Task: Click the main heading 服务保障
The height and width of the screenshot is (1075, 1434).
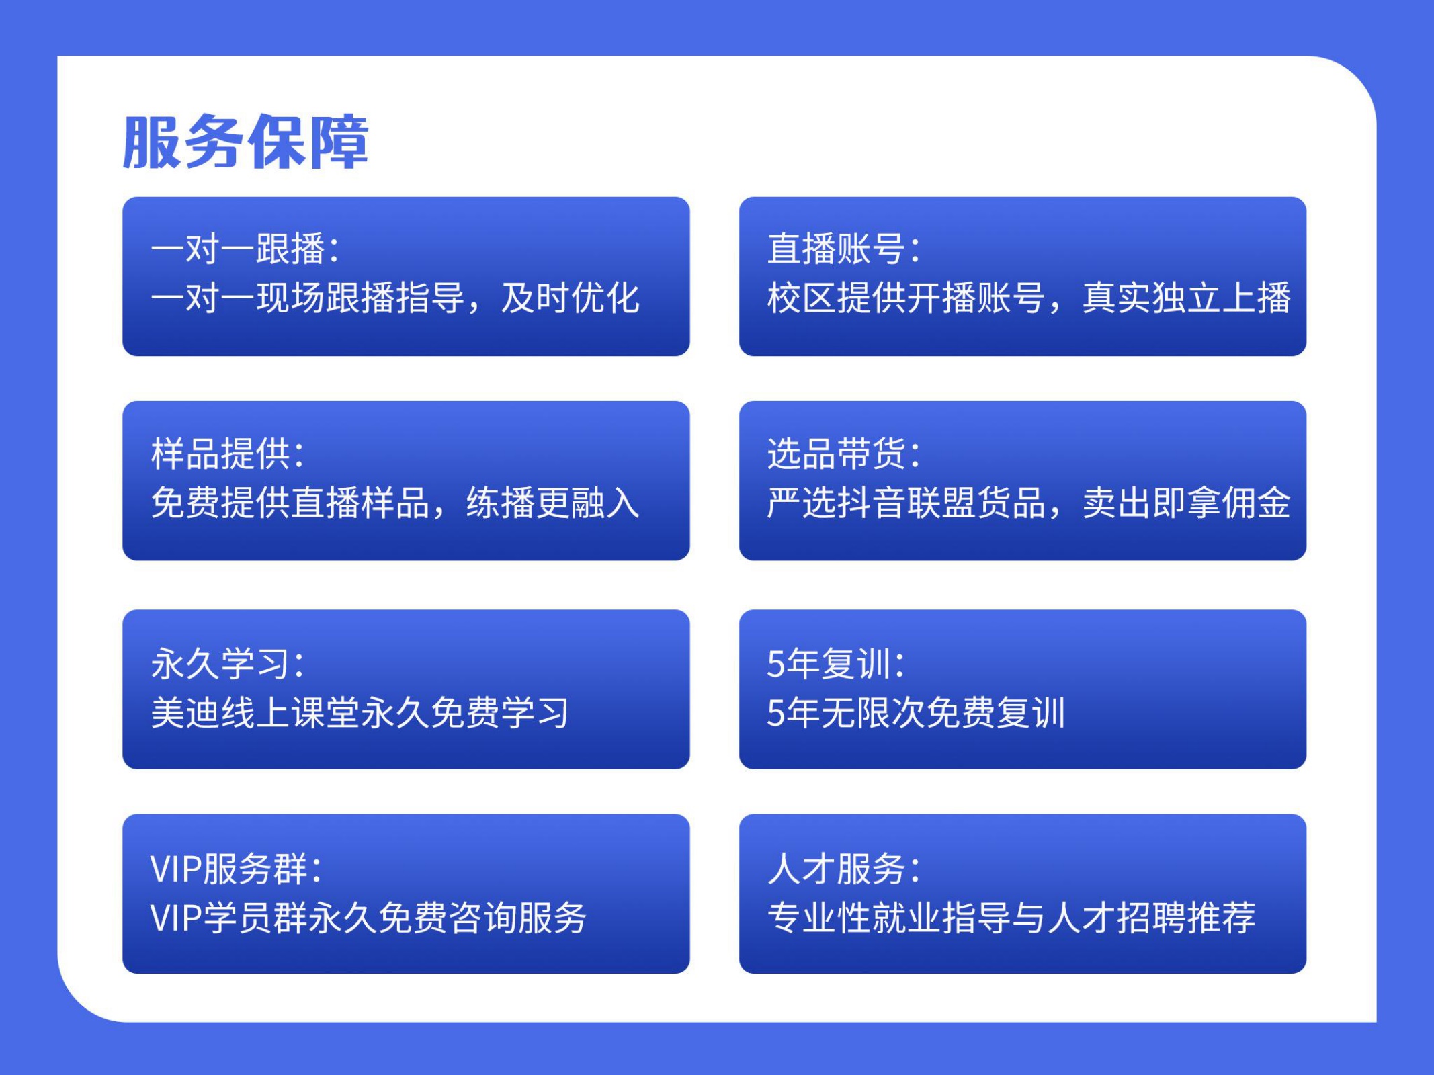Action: (x=246, y=142)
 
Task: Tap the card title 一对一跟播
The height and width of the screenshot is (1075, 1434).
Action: (x=239, y=249)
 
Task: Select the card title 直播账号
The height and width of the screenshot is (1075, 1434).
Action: (x=837, y=249)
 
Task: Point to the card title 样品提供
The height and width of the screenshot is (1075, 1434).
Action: (x=220, y=454)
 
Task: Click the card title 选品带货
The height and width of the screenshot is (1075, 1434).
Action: (x=837, y=454)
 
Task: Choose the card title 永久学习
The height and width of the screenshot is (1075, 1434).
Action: (x=220, y=663)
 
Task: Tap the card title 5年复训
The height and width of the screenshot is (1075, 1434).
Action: (x=828, y=663)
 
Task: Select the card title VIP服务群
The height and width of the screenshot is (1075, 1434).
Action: (x=229, y=868)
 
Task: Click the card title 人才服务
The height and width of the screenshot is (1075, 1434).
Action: (x=837, y=868)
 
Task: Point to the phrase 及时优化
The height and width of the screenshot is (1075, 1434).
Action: (x=571, y=298)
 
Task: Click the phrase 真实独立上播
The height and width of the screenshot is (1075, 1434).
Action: (x=1186, y=298)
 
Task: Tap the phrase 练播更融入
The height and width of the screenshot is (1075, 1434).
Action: (x=553, y=503)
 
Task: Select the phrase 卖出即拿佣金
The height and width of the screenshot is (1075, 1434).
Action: (x=1186, y=503)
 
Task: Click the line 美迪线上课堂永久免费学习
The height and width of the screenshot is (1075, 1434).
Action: (x=360, y=712)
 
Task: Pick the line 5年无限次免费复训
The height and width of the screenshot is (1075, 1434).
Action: (x=916, y=712)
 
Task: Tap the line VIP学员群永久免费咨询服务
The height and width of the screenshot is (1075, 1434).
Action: (x=369, y=917)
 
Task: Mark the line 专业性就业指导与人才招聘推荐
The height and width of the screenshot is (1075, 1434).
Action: (x=1011, y=917)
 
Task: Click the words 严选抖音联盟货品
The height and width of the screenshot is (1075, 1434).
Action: (x=906, y=503)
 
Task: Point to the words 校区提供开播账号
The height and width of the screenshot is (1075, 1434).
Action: (x=906, y=298)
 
